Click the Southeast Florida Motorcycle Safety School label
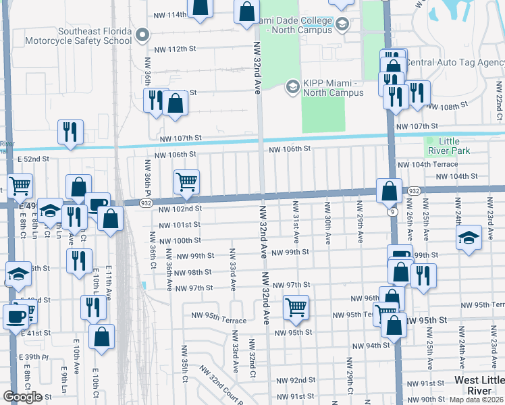95,36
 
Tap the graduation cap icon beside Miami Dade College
342,25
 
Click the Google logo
22,396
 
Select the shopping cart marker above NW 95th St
296,307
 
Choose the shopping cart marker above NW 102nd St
186,181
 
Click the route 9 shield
392,212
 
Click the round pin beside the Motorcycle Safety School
142,34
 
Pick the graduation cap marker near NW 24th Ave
469,238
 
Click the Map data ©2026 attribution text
477,400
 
